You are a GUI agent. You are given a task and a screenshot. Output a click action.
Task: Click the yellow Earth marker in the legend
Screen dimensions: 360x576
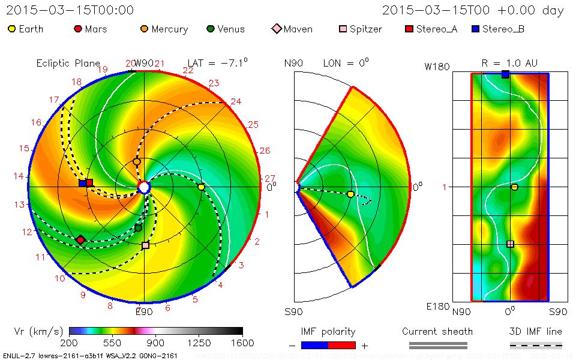pyautogui.click(x=12, y=29)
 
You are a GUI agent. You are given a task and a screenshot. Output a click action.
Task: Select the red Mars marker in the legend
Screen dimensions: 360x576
pyautogui.click(x=77, y=29)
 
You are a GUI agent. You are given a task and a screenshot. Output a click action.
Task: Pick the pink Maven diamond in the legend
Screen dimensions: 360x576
pyautogui.click(x=276, y=29)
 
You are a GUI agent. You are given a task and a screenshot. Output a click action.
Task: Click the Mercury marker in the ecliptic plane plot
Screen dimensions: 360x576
pyautogui.click(x=137, y=161)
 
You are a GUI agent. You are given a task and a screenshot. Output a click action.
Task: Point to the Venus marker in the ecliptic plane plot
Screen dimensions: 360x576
pyautogui.click(x=139, y=228)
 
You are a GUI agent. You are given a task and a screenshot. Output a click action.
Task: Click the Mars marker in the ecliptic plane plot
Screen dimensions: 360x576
pyautogui.click(x=80, y=240)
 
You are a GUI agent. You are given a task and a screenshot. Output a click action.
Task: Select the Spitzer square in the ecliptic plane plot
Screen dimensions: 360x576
pyautogui.click(x=145, y=245)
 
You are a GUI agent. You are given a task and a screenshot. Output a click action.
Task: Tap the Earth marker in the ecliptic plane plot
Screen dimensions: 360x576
pyautogui.click(x=201, y=187)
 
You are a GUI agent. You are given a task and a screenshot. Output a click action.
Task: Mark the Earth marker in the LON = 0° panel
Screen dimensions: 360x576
pyautogui.click(x=350, y=194)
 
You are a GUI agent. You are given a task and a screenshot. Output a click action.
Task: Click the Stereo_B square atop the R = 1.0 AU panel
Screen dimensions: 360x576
pyautogui.click(x=505, y=74)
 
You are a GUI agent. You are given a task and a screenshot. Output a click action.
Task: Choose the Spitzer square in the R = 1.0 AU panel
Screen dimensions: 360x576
pyautogui.click(x=510, y=244)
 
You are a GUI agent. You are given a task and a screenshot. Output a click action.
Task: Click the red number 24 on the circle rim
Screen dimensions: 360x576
pyautogui.click(x=236, y=102)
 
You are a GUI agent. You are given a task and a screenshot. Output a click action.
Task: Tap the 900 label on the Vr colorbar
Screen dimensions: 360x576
pyautogui.click(x=156, y=343)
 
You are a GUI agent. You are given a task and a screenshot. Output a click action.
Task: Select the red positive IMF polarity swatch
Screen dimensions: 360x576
pyautogui.click(x=342, y=345)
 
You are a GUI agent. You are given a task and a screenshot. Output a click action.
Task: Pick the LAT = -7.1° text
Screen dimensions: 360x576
pyautogui.click(x=218, y=62)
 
